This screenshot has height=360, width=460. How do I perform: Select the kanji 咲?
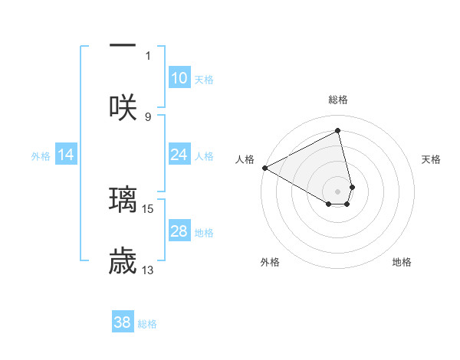[x=123, y=106]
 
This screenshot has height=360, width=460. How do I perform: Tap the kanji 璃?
[x=123, y=199]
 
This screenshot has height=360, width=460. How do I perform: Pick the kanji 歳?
[x=123, y=260]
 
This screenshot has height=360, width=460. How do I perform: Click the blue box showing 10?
[x=179, y=78]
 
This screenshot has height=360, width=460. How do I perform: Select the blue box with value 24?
[x=179, y=155]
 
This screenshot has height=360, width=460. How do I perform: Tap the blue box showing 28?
[x=179, y=231]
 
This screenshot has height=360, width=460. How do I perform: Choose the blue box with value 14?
[x=66, y=155]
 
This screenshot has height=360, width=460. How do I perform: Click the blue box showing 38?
[x=123, y=322]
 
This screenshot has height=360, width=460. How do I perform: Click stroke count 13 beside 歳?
[x=148, y=269]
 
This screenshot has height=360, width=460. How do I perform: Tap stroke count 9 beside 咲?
[x=148, y=116]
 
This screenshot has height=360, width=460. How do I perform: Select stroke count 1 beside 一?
[x=148, y=54]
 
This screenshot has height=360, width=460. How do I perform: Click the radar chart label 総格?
[x=337, y=100]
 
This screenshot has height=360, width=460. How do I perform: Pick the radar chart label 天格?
[x=431, y=159]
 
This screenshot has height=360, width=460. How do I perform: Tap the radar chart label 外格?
[x=270, y=262]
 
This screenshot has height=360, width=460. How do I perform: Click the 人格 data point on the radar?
[x=264, y=168]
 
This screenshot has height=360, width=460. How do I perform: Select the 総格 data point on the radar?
[x=337, y=131]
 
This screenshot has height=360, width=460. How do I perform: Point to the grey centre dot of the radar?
[x=337, y=191]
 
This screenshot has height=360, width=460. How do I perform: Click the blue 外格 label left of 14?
[x=40, y=155]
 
